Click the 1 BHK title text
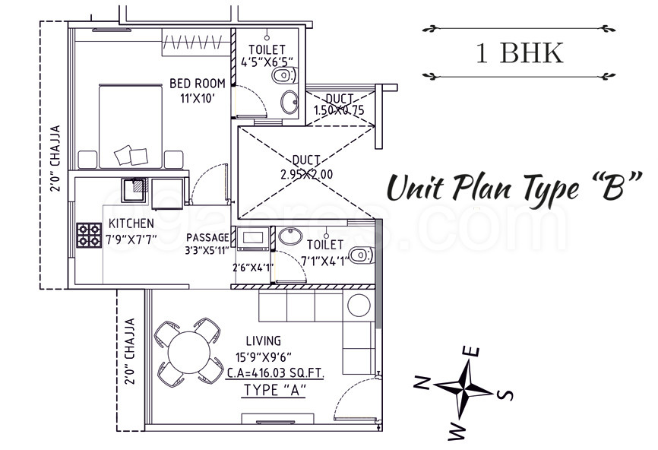click(x=520, y=53)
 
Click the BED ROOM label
click(x=197, y=84)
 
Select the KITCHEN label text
click(x=131, y=223)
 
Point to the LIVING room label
click(x=263, y=341)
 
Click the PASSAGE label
click(x=207, y=238)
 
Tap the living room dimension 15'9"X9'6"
click(x=263, y=357)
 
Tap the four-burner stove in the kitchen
click(x=89, y=235)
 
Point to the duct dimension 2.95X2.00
click(x=307, y=174)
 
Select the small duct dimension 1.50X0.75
click(x=340, y=110)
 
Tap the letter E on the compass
click(x=472, y=351)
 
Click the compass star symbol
click(x=463, y=387)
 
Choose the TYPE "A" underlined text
click(x=274, y=391)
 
